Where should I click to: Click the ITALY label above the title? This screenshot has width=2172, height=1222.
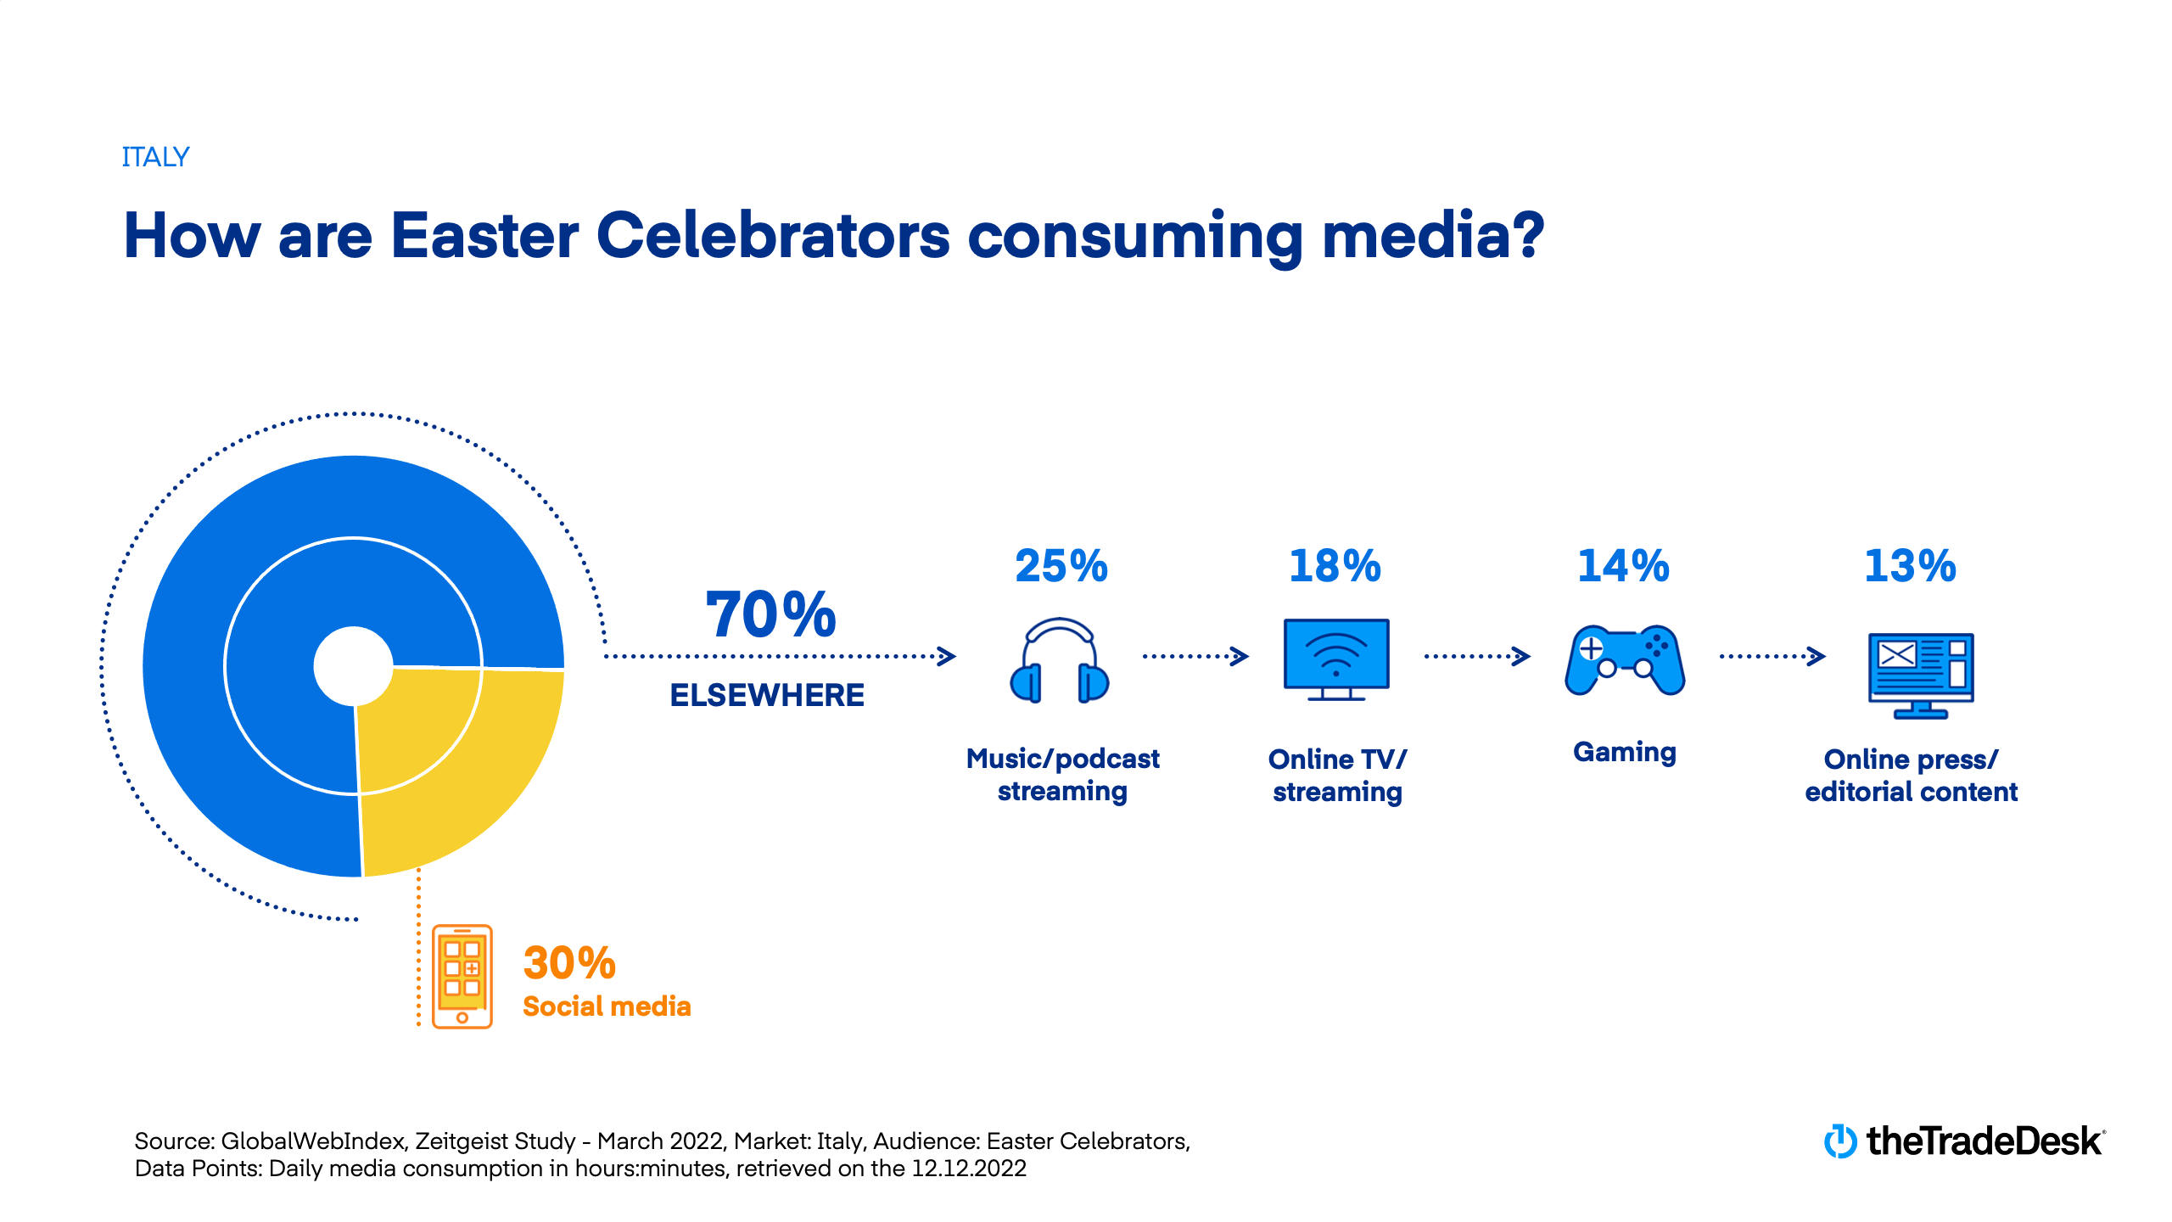coord(155,157)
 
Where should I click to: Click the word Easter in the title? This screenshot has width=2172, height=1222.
coord(484,235)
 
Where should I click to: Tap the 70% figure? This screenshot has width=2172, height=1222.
coord(770,614)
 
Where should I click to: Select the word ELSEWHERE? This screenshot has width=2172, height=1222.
coord(767,695)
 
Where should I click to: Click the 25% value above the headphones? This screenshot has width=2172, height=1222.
coord(1061,566)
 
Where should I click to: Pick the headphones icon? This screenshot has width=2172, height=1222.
coord(1060,660)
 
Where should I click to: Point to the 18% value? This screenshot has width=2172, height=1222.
coord(1335,566)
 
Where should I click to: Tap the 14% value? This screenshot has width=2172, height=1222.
coord(1623,566)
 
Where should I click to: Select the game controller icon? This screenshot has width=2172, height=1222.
coord(1624,660)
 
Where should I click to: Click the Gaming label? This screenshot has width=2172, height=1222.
coord(1624,752)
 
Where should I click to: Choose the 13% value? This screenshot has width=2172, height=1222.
coord(1910,566)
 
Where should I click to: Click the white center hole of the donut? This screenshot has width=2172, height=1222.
coord(353,666)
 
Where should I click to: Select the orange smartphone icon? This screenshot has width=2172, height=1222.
coord(462,976)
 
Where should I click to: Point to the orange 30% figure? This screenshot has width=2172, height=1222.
coord(569,962)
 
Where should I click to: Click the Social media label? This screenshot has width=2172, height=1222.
coord(607,1006)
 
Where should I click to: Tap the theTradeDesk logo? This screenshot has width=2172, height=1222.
coord(1964,1141)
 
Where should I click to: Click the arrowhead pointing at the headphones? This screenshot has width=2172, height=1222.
coord(947,656)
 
